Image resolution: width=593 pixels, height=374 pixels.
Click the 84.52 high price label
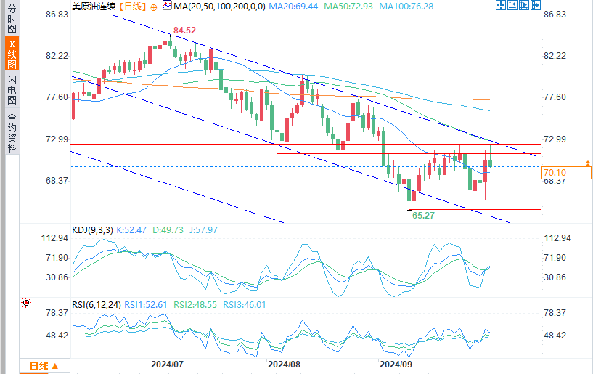tap(182, 30)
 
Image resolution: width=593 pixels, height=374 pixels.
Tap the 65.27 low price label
tap(423, 216)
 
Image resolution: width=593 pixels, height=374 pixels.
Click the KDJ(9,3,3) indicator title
tap(91, 230)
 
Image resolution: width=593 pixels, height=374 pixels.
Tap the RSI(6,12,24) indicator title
tap(97, 305)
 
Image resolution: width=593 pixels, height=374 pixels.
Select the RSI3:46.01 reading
tap(245, 305)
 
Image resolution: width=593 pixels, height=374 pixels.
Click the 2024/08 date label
tap(282, 362)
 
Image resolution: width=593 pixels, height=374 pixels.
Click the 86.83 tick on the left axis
tap(56, 14)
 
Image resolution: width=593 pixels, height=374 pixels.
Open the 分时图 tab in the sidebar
tap(11, 20)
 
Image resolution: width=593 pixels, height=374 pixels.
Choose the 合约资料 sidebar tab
tap(11, 132)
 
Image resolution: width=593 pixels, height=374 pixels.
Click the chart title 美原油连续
tap(94, 6)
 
